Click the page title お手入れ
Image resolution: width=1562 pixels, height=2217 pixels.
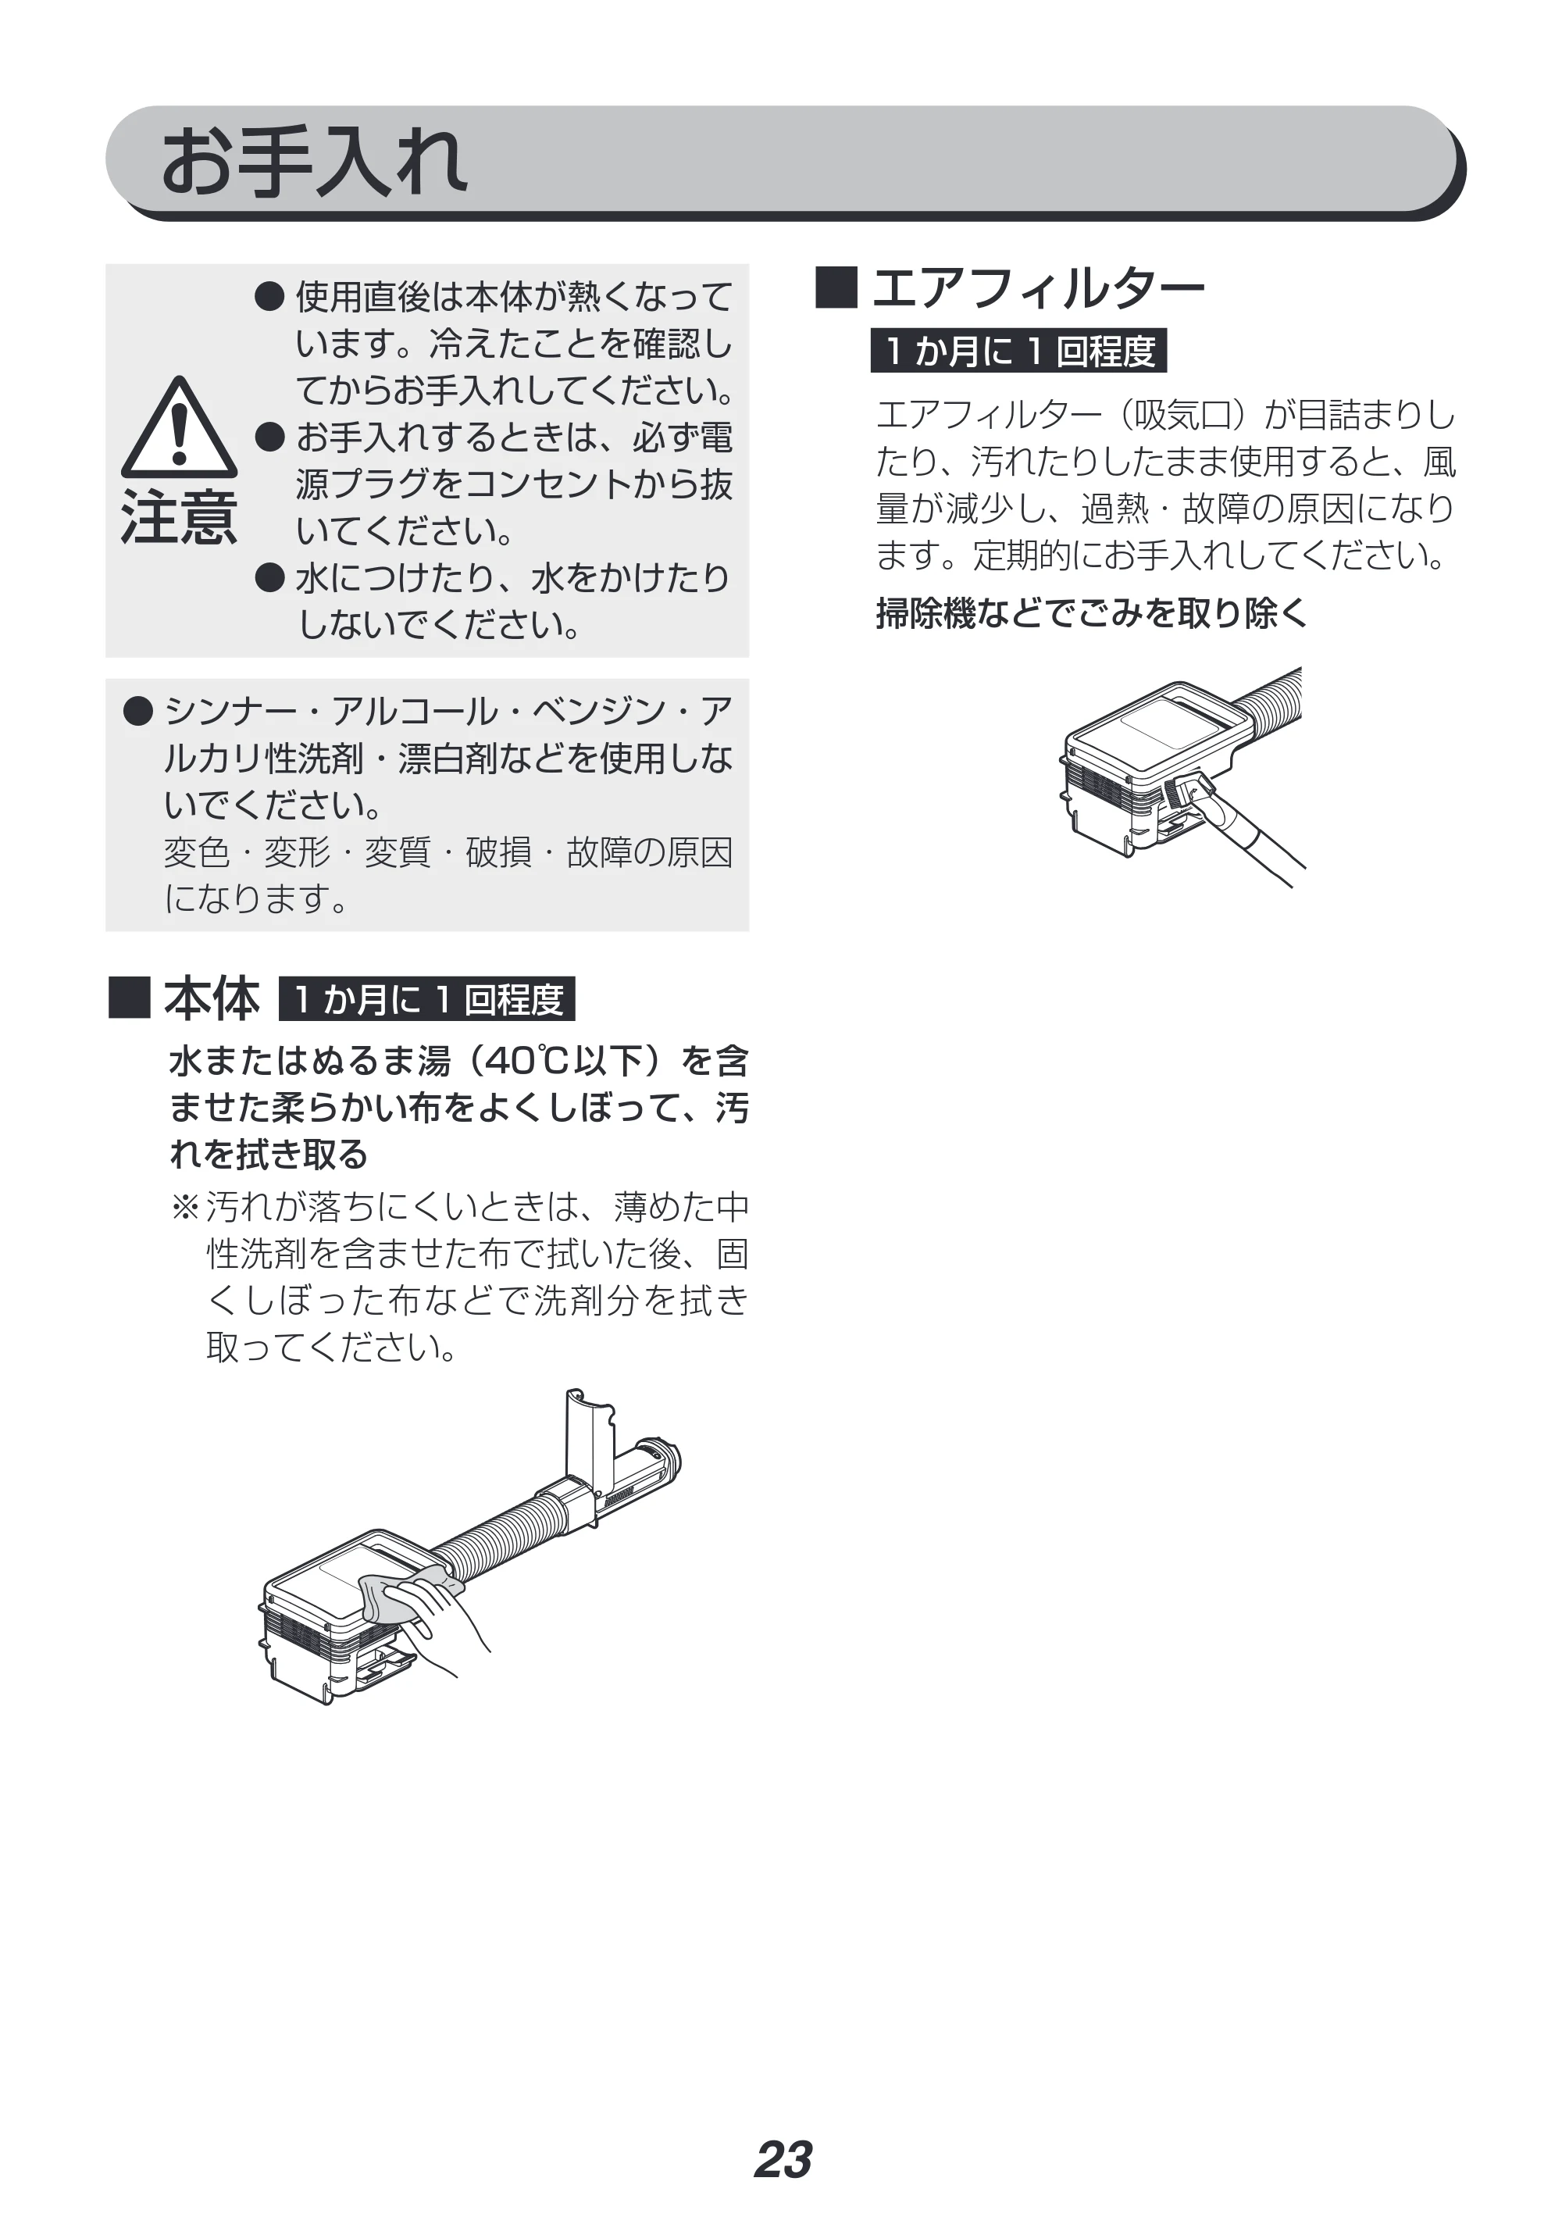click(314, 162)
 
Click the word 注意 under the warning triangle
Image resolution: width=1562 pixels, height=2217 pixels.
click(179, 518)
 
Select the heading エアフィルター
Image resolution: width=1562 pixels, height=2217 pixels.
click(1039, 287)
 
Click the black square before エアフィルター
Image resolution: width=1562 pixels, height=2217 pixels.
click(836, 287)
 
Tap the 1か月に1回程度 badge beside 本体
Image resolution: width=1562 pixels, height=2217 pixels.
click(426, 998)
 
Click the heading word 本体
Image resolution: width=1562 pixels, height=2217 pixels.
click(212, 998)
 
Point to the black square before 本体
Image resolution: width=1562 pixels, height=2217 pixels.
click(130, 998)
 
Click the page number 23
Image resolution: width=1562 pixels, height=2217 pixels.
click(783, 2159)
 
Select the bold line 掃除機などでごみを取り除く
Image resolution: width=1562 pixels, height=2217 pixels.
click(1091, 613)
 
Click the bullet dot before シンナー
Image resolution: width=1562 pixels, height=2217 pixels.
click(139, 712)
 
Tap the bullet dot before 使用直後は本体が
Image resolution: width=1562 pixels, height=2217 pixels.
click(269, 296)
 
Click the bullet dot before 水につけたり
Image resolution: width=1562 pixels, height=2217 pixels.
click(269, 577)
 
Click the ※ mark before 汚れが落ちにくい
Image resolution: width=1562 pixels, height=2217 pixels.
click(184, 1207)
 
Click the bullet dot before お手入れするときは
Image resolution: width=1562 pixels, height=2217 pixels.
click(269, 437)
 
